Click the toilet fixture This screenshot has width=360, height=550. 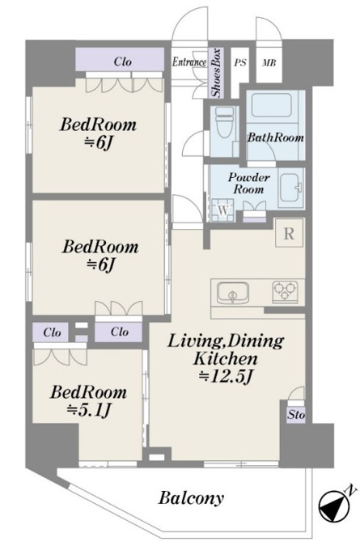(x=225, y=123)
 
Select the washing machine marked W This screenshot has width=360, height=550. (x=223, y=211)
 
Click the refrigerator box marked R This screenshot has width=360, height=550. (x=289, y=233)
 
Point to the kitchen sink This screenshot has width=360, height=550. (x=233, y=293)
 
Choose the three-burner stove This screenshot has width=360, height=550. (x=285, y=292)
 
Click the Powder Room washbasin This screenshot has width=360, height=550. (x=290, y=188)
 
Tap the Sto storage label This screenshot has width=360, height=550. (x=296, y=415)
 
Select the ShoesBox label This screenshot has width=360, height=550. (x=217, y=73)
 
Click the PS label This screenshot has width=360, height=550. (x=240, y=63)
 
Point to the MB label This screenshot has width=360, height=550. (x=269, y=63)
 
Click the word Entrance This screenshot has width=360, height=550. (x=189, y=62)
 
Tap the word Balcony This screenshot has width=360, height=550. (x=191, y=498)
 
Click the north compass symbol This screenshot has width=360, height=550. (x=335, y=504)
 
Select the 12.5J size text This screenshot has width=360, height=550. (x=226, y=376)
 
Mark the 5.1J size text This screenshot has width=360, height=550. (x=90, y=409)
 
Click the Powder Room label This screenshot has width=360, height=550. (x=249, y=183)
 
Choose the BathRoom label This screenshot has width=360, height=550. (x=276, y=137)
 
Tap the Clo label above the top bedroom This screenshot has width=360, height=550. (x=122, y=61)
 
